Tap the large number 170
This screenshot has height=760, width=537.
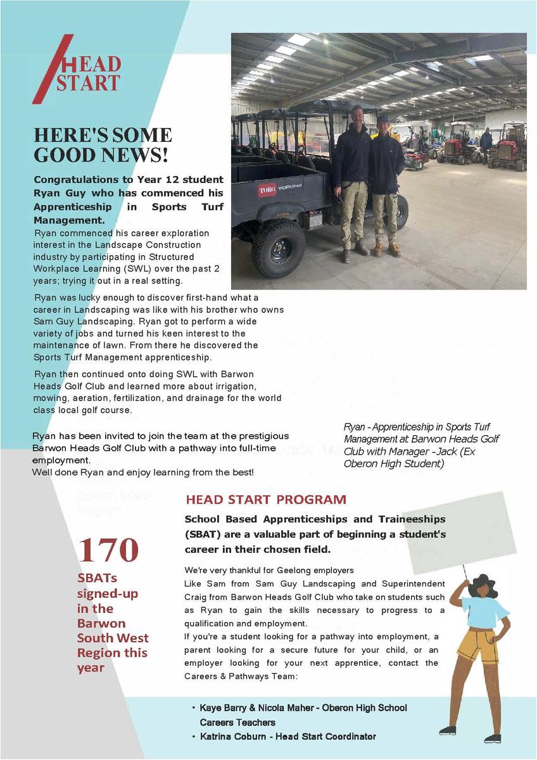[x=108, y=550]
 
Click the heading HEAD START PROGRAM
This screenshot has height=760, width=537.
[x=266, y=500]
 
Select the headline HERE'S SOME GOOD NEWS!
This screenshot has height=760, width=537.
[x=103, y=145]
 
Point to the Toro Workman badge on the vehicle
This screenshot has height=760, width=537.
[x=280, y=187]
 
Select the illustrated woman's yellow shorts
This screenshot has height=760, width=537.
[x=477, y=643]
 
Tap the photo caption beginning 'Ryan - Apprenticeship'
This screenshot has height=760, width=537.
[x=421, y=445]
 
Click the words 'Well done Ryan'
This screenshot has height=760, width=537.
[x=63, y=472]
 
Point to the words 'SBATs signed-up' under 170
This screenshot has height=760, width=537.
[x=108, y=586]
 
